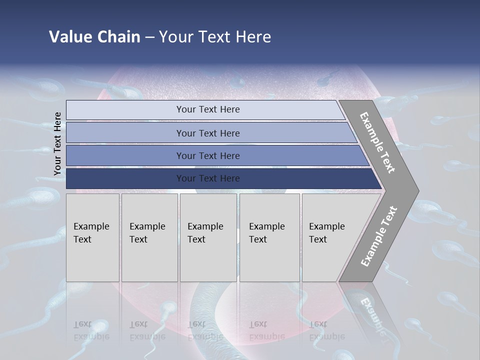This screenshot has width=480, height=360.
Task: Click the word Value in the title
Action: click(70, 37)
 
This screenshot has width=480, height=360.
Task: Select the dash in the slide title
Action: click(149, 37)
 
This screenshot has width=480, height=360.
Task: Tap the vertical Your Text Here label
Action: click(57, 143)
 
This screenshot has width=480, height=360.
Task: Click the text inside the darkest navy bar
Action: click(208, 178)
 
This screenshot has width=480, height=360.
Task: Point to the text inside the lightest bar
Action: click(208, 109)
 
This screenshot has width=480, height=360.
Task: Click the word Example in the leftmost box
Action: click(91, 226)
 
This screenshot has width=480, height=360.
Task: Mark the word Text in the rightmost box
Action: click(318, 239)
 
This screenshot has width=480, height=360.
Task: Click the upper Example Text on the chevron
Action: click(377, 142)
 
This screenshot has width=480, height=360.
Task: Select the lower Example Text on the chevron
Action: click(379, 236)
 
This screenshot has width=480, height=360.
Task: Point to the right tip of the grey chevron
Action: click(417, 190)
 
